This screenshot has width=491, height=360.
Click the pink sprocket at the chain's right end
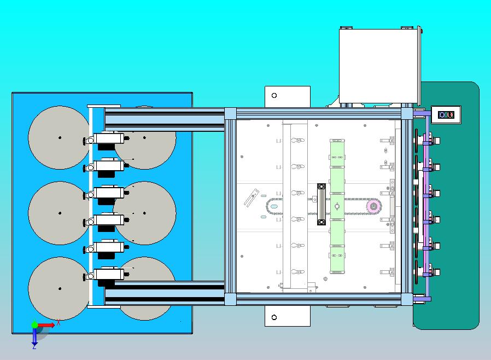click(373, 206)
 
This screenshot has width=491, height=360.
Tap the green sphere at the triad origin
click(34, 324)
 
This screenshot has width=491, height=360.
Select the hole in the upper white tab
click(274, 95)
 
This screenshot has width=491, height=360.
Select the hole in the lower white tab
click(274, 317)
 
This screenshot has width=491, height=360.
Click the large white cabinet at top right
click(379, 66)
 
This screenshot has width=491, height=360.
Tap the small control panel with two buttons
click(446, 115)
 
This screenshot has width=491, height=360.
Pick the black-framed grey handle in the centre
click(322, 204)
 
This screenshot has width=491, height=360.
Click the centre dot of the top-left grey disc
click(60, 137)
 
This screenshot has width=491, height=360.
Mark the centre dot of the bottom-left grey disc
click(60, 288)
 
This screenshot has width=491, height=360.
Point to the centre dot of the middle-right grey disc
click(144, 213)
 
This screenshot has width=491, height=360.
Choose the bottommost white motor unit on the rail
click(105, 275)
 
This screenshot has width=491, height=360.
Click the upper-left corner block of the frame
click(231, 113)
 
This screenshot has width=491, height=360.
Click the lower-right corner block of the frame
click(407, 299)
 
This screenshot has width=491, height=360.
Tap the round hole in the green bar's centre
click(337, 206)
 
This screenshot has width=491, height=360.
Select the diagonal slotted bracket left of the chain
click(252, 198)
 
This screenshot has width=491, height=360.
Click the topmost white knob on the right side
click(436, 141)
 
